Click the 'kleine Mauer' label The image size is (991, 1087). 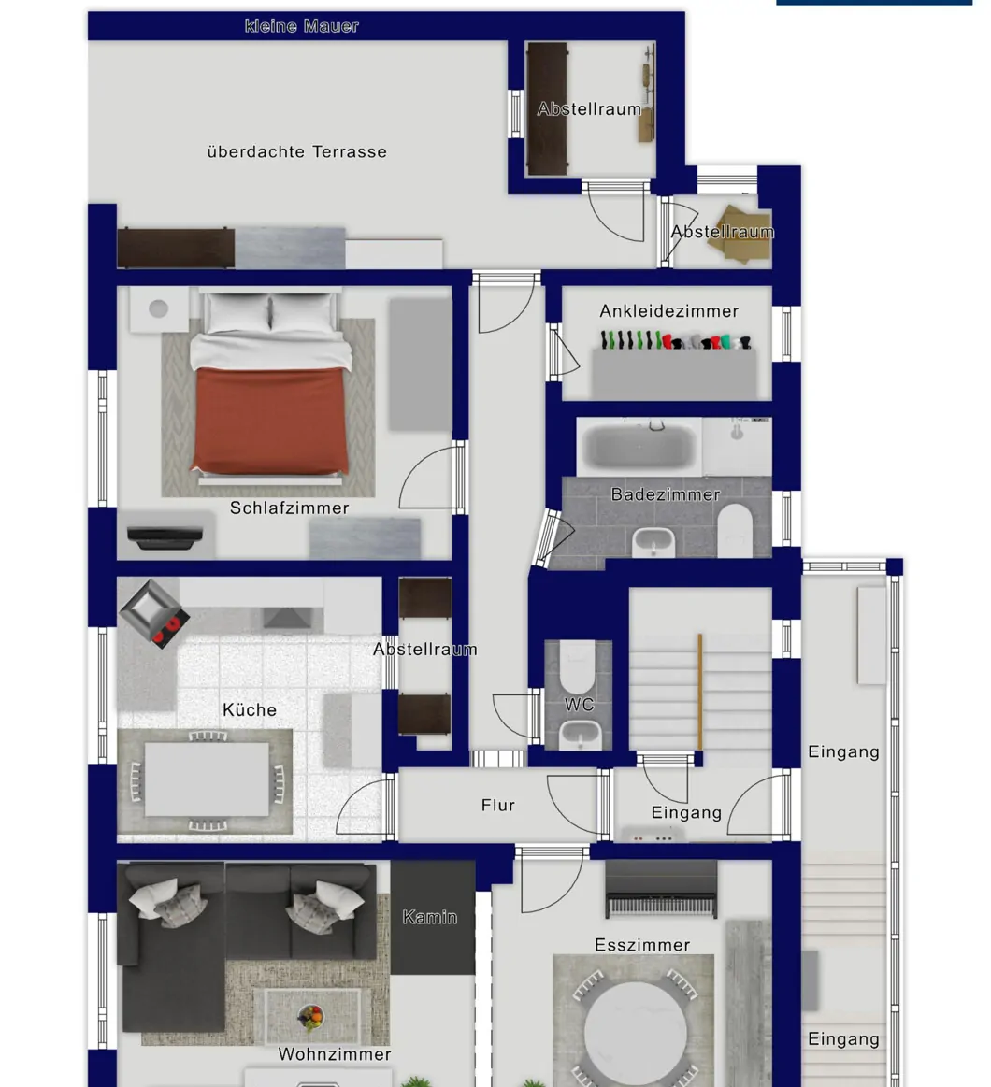click(x=302, y=26)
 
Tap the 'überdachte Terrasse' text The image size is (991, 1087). click(x=296, y=151)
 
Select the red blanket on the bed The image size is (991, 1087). click(x=269, y=420)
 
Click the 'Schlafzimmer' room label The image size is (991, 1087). click(x=289, y=508)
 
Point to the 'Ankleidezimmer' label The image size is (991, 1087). click(x=669, y=311)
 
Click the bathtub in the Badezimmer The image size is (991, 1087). click(x=639, y=445)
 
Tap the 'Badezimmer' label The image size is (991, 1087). click(x=665, y=494)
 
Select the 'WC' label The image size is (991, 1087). click(x=579, y=705)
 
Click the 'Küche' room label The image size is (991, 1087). click(x=250, y=710)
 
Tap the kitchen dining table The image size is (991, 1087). click(x=207, y=779)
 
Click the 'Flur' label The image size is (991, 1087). click(x=498, y=806)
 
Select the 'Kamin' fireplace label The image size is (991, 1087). click(x=429, y=917)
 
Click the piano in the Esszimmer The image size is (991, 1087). click(x=661, y=889)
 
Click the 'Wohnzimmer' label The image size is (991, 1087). click(x=335, y=1054)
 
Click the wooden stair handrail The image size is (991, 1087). click(x=699, y=691)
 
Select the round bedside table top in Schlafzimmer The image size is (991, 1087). click(x=158, y=308)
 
